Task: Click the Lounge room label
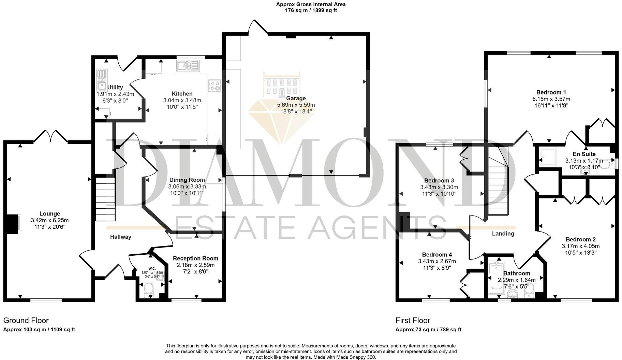click(x=50, y=214)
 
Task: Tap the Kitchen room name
click(x=182, y=94)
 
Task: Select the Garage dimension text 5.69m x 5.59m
click(x=296, y=105)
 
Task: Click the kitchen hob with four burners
click(x=214, y=85)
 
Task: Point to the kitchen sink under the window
click(x=187, y=65)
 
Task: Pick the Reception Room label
click(x=195, y=258)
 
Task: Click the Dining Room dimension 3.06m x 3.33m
click(x=187, y=187)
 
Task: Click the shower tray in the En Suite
click(x=547, y=157)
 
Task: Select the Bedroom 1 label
click(x=551, y=92)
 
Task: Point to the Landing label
click(x=503, y=234)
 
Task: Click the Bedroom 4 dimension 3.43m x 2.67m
click(x=437, y=261)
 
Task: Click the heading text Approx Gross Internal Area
click(x=311, y=4)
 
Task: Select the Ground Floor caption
click(x=26, y=320)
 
